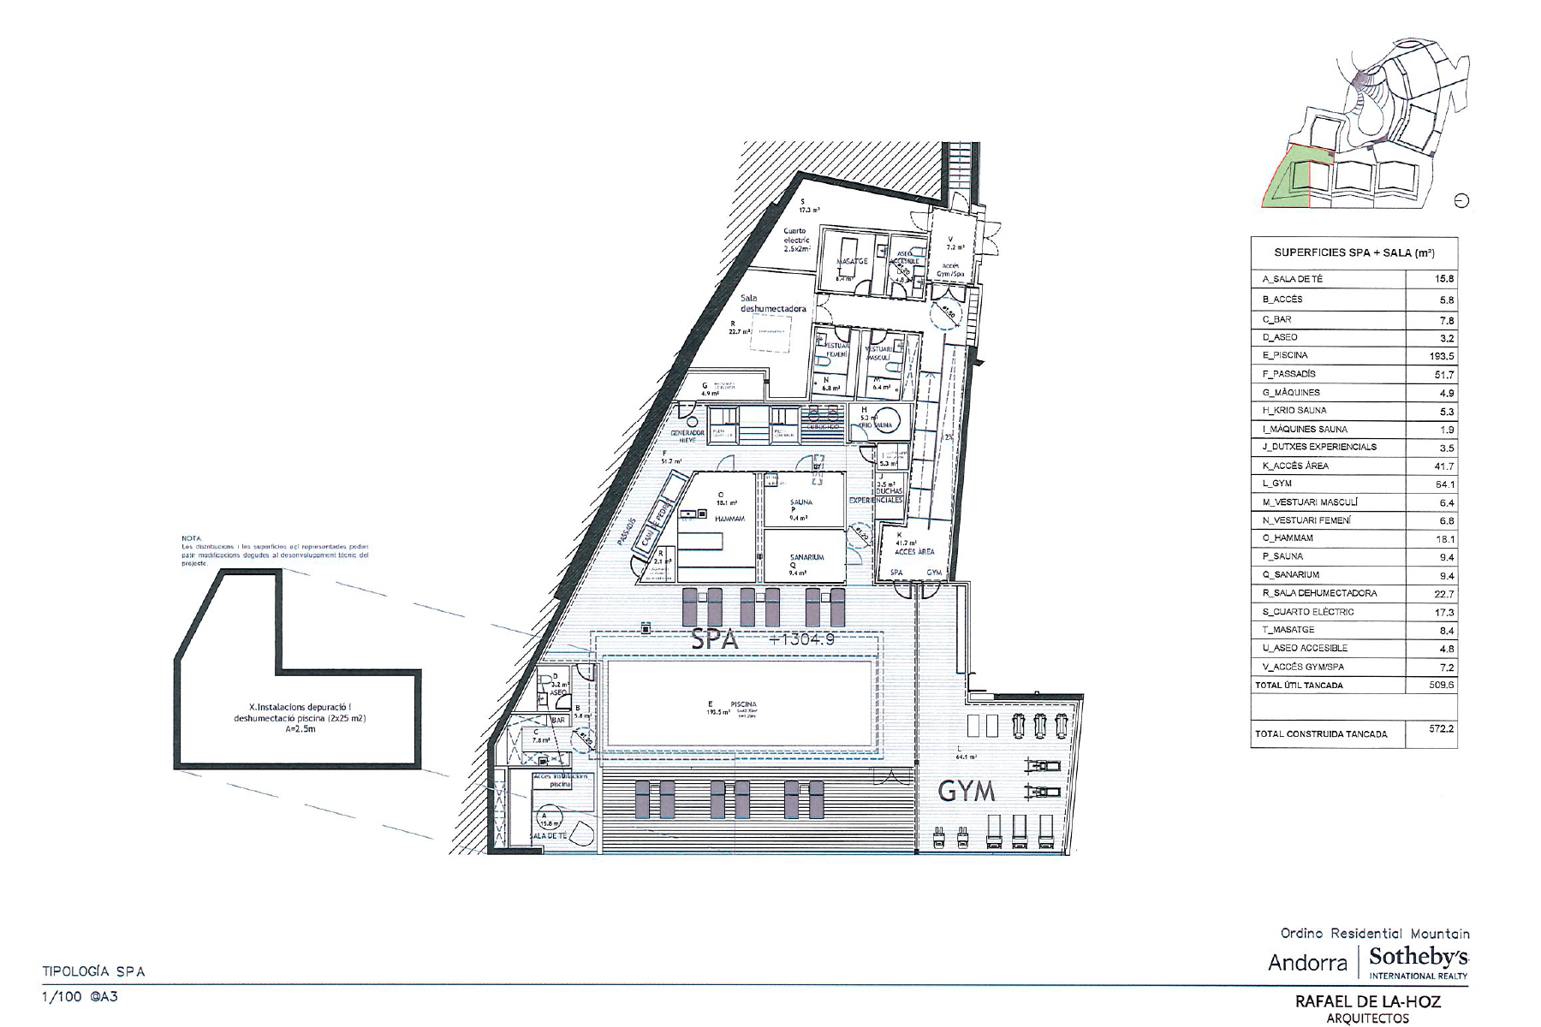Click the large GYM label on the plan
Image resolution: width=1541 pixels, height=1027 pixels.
pyautogui.click(x=967, y=791)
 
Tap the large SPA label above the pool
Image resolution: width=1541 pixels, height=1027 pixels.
pyautogui.click(x=714, y=639)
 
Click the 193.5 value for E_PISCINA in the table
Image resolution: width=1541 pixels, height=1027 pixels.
pyautogui.click(x=1441, y=356)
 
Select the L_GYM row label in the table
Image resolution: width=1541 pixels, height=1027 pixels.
pyautogui.click(x=1277, y=484)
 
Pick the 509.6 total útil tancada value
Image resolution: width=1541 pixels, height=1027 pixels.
pyautogui.click(x=1441, y=686)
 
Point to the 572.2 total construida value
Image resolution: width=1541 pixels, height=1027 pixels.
pyautogui.click(x=1441, y=729)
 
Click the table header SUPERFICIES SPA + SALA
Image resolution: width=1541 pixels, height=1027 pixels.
pyautogui.click(x=1354, y=253)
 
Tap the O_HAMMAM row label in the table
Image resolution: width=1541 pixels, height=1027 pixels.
pyautogui.click(x=1288, y=538)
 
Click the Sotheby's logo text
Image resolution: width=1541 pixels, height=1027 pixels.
pyautogui.click(x=1418, y=957)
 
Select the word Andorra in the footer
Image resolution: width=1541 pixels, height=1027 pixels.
pyautogui.click(x=1307, y=963)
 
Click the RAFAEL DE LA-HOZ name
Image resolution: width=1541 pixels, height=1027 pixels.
pyautogui.click(x=1367, y=1001)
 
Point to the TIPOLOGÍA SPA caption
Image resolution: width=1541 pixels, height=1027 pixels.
pyautogui.click(x=94, y=971)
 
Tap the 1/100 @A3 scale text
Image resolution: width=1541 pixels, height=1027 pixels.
pyautogui.click(x=80, y=997)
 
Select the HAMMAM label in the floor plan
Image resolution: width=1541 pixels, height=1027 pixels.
pyautogui.click(x=729, y=519)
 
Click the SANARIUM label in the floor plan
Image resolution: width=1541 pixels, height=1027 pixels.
pyautogui.click(x=806, y=557)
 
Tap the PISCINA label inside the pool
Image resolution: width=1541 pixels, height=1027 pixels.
pyautogui.click(x=743, y=704)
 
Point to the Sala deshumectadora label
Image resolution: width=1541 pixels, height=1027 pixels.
pyautogui.click(x=773, y=303)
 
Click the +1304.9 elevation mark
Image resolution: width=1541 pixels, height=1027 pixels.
pyautogui.click(x=801, y=639)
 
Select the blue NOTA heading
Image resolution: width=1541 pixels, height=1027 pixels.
pyautogui.click(x=191, y=538)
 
